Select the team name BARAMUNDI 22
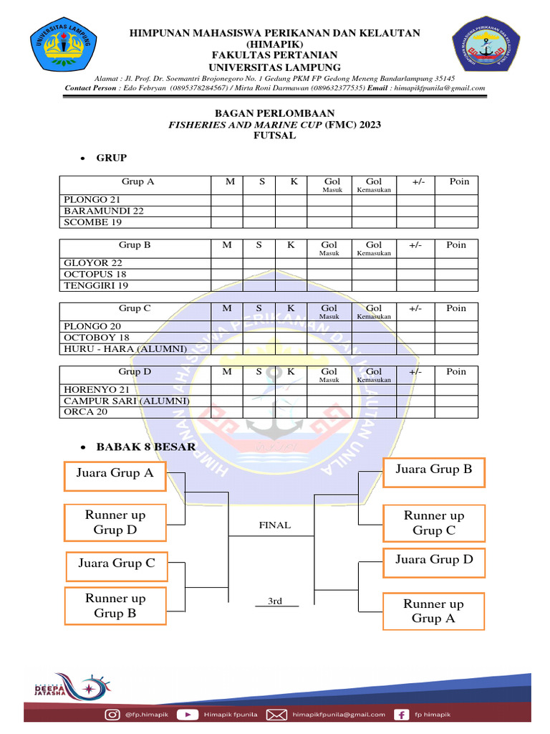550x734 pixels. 104,211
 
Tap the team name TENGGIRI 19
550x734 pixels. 96,285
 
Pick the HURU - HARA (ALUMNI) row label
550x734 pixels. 125,349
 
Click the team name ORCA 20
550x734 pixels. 86,412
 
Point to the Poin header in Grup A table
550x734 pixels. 459,181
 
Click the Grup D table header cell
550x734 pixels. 135,371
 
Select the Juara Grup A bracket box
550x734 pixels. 115,473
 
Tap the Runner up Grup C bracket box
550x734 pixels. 434,523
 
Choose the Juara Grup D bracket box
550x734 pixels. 434,559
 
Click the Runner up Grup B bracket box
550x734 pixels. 115,606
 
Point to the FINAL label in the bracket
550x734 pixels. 275,525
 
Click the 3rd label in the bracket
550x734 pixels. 275,601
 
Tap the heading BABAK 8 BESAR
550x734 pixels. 145,447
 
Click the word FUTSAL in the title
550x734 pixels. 275,135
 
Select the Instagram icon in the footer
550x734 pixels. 112,714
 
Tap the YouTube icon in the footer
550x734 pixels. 188,714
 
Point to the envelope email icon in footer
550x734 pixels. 277,714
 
